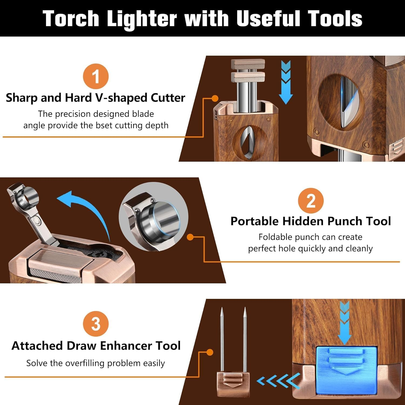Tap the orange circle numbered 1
coord(96,76)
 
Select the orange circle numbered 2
coord(310,201)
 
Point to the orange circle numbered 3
coord(96,324)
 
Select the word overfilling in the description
coord(82,363)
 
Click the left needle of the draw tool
coord(222,340)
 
